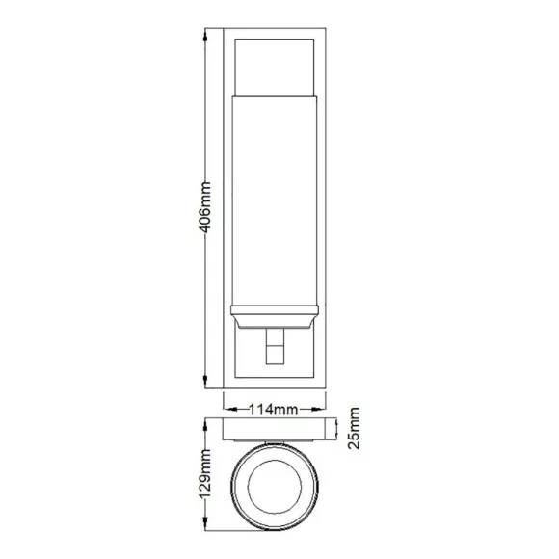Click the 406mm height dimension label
pyautogui.click(x=205, y=207)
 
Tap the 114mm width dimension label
pyautogui.click(x=273, y=410)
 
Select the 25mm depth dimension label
pyautogui.click(x=354, y=428)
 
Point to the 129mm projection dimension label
pyautogui.click(x=205, y=474)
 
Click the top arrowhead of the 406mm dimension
pyautogui.click(x=205, y=35)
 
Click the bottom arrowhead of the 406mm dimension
pyautogui.click(x=205, y=382)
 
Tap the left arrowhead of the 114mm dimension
pyautogui.click(x=230, y=410)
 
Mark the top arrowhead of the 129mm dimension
pyautogui.click(x=205, y=425)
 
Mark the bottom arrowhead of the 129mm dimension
pyautogui.click(x=205, y=524)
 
